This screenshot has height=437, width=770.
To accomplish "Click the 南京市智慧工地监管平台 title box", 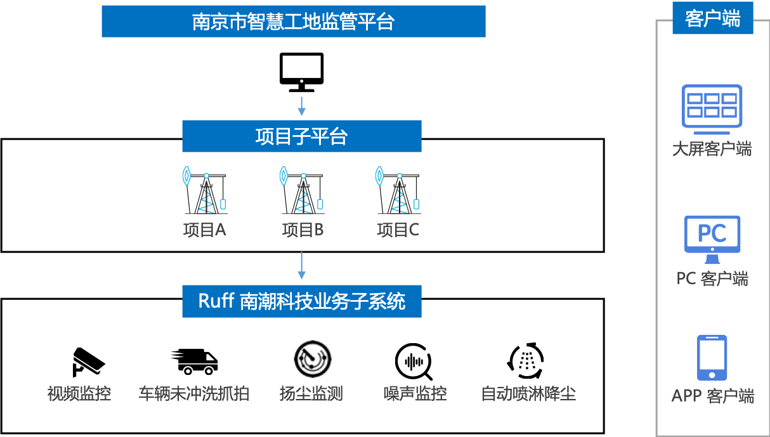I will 293,22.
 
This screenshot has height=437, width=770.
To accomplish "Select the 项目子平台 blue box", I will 301,136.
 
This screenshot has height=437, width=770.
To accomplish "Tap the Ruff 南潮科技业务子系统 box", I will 301,301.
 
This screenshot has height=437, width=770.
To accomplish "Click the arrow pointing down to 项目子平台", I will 302,106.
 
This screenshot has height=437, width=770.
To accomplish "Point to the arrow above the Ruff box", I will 302,266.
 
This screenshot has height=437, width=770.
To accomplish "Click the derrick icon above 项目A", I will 204,191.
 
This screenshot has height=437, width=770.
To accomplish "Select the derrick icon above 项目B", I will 303,191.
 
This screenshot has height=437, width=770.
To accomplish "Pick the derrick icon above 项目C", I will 398,191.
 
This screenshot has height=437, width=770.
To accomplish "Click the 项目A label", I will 204,230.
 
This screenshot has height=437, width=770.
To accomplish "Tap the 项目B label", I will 303,230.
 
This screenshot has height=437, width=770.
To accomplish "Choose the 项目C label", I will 398,230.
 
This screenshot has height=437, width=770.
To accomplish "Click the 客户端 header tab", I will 712,19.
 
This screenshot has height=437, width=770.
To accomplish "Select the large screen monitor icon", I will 712,109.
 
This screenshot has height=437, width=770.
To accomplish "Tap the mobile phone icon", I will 712,358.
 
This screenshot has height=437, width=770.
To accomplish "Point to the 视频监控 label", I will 79,394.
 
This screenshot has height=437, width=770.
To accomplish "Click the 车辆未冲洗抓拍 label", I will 193,394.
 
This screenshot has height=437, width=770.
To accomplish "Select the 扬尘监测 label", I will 311,394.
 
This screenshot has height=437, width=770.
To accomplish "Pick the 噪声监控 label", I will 415,394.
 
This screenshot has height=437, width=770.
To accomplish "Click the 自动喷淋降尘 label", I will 528,394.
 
